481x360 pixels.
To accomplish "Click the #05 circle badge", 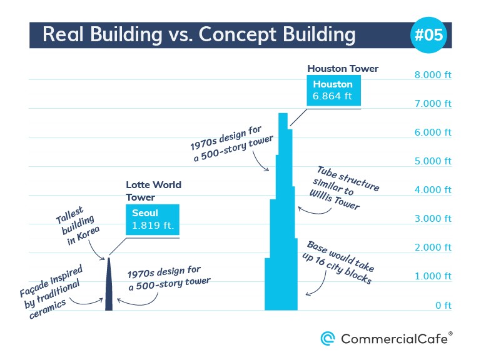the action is (x=428, y=34).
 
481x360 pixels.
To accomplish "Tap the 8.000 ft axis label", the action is (x=433, y=75).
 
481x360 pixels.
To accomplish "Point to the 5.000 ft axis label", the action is (x=433, y=161).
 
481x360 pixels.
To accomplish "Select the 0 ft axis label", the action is (x=443, y=305).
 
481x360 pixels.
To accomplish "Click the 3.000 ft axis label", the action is (x=433, y=219).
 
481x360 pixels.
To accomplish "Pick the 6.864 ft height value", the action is (x=332, y=96).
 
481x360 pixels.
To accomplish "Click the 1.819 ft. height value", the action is (x=153, y=226).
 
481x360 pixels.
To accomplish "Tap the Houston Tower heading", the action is (x=343, y=68).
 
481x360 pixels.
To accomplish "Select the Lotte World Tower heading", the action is (x=153, y=191).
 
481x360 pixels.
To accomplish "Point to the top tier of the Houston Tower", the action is (x=283, y=121).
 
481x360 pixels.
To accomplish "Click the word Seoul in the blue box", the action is (x=144, y=212).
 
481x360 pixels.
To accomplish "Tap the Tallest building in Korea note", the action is (x=78, y=225).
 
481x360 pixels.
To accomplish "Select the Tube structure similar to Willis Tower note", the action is (x=345, y=187).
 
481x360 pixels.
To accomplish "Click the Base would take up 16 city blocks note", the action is (x=338, y=262).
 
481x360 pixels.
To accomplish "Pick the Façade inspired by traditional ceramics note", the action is (x=51, y=291).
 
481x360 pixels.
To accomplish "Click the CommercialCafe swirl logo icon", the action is (x=328, y=339).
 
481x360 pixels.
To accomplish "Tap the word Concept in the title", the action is (x=238, y=34).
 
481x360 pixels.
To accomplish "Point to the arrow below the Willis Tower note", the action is (x=315, y=211).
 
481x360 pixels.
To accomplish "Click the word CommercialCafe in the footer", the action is (x=394, y=339).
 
